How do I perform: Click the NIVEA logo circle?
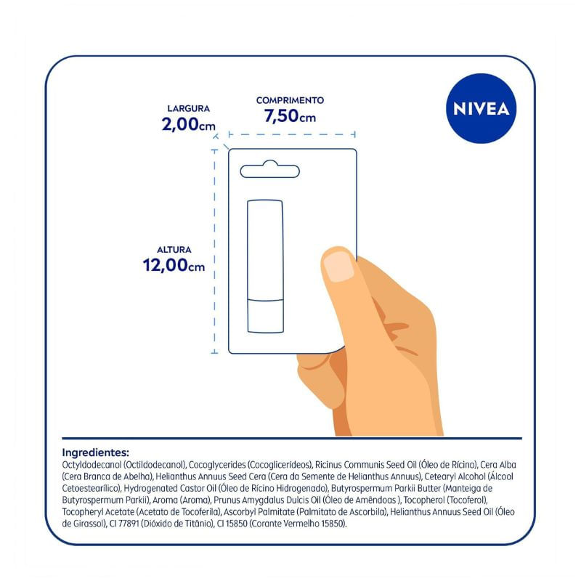tap(481, 108)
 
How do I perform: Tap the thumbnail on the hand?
tap(338, 266)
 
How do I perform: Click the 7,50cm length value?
tap(290, 115)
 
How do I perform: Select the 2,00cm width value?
tap(188, 123)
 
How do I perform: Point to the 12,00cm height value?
tap(174, 265)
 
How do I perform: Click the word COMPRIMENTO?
tap(290, 100)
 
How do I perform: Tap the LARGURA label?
tap(189, 108)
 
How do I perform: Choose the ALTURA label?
tap(174, 250)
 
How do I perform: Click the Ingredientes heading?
tap(96, 452)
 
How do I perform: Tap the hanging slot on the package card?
tap(269, 171)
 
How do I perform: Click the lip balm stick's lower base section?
tap(266, 316)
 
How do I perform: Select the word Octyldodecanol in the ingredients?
tap(92, 465)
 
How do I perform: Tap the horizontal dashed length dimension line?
tap(292, 134)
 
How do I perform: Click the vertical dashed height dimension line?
tap(214, 251)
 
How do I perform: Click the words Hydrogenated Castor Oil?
tap(170, 488)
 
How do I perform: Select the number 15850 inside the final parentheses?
tap(331, 524)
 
